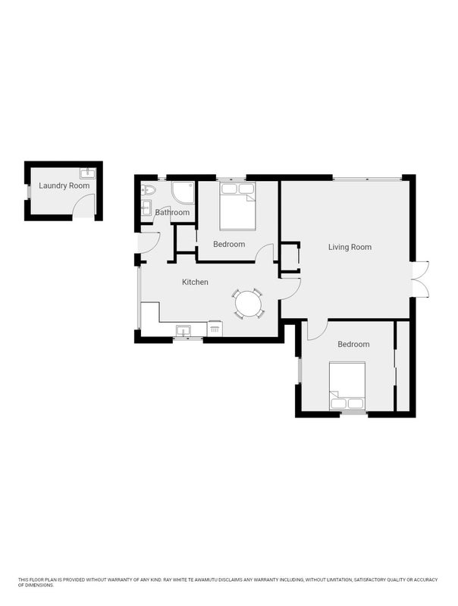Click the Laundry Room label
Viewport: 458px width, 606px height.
[x=64, y=186]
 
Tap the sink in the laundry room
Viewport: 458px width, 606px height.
[x=87, y=173]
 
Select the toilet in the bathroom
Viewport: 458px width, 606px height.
[x=148, y=190]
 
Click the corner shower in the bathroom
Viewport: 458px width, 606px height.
[x=183, y=192]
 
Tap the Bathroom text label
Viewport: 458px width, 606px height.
[x=172, y=212]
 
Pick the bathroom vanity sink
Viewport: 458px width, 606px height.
[x=146, y=207]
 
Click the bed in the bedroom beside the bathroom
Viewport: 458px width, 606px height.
[x=237, y=206]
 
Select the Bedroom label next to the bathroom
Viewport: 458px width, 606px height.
[x=229, y=244]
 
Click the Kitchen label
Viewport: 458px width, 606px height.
[x=195, y=282]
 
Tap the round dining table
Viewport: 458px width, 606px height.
[x=249, y=304]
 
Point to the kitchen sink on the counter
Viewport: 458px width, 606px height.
[x=184, y=331]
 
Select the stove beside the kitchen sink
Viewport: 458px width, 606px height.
[x=215, y=328]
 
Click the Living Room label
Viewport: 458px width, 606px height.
[x=350, y=247]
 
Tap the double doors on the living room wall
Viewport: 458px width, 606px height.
[x=421, y=279]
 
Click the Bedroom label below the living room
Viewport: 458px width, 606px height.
[x=353, y=344]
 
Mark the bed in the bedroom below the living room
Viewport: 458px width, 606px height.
[x=347, y=386]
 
